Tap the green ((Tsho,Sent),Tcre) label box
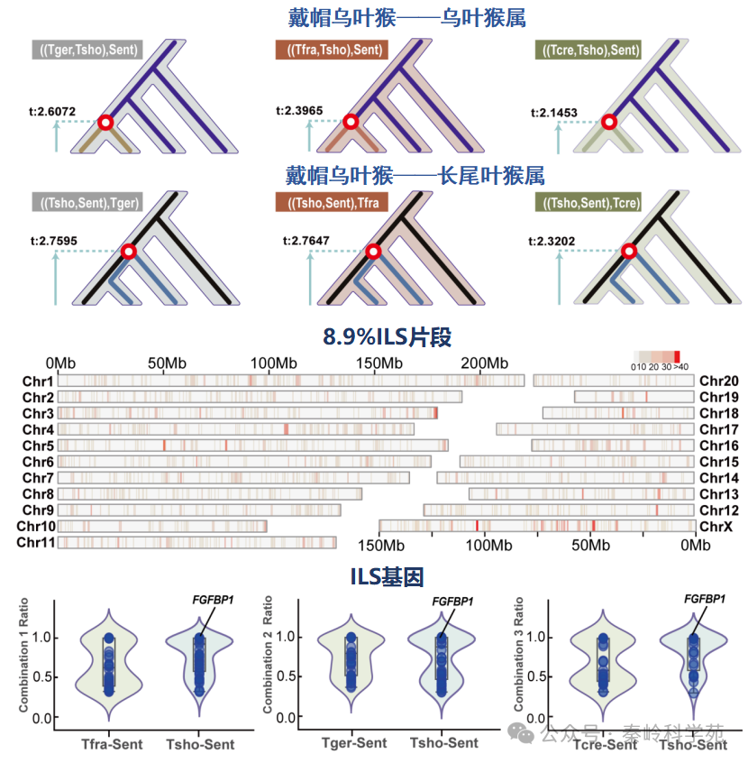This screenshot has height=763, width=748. pos(588,203)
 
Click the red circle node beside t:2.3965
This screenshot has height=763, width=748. pos(350,122)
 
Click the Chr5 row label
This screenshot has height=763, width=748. pos(39,446)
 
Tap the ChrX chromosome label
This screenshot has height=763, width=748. pos(718,526)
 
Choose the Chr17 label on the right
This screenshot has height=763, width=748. pos(718,429)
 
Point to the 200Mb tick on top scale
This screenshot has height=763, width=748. pos(486,363)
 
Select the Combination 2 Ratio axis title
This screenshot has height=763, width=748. pos(269,658)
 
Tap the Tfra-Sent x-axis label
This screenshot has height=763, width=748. pos(106,744)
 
